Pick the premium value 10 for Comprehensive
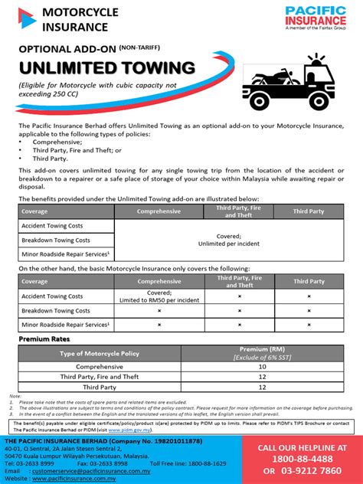(x=262, y=367)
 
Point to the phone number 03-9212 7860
(x=313, y=471)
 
